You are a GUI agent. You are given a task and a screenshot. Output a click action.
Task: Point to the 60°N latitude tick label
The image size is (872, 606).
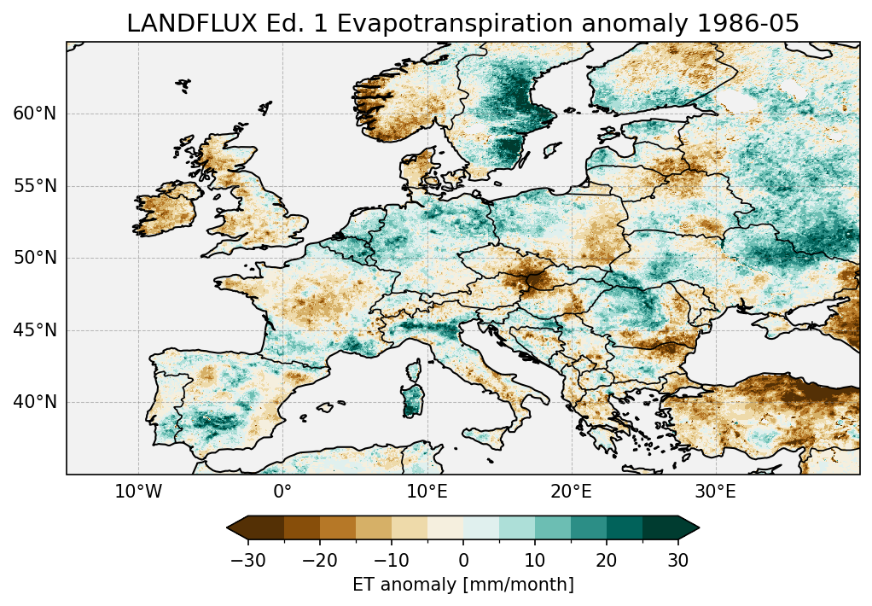[35, 114]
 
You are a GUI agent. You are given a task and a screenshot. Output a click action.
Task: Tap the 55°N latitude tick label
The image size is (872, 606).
[35, 186]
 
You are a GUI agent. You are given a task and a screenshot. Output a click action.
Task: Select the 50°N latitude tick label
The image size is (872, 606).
[35, 258]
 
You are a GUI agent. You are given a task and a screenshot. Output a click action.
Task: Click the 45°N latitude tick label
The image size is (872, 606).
[35, 330]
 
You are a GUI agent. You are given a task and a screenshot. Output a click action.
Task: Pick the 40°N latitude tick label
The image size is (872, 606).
[35, 402]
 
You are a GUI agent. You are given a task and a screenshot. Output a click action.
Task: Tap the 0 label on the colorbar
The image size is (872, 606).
[463, 560]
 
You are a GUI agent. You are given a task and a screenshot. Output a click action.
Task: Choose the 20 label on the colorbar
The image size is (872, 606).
[607, 560]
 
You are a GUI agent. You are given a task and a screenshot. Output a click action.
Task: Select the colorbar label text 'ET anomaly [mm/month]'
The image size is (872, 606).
[463, 585]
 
